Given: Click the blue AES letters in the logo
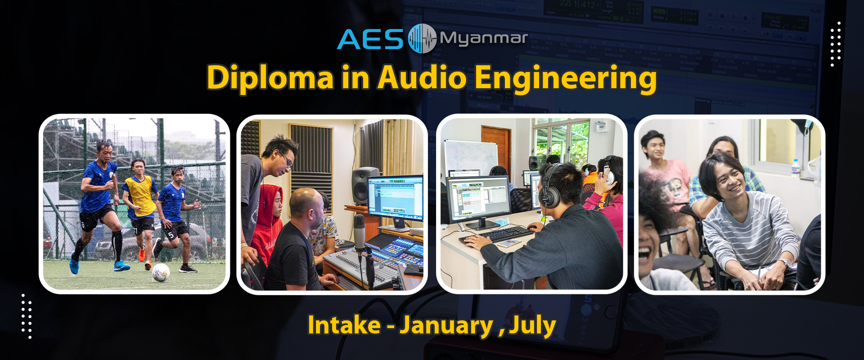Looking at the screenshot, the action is [x=370, y=39].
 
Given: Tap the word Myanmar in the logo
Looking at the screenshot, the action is [x=483, y=39].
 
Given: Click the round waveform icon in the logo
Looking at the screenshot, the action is [x=422, y=38].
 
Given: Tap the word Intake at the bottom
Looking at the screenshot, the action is [x=344, y=325].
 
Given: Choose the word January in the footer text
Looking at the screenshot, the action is [x=446, y=326].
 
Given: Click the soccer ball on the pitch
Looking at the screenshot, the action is [x=161, y=272].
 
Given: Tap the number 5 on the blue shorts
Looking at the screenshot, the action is [x=171, y=235].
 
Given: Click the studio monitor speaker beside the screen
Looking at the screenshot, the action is [x=365, y=185].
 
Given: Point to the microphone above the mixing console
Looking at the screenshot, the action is [x=359, y=232].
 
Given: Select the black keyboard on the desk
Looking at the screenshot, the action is [x=498, y=234].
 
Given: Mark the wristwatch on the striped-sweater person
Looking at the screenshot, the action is [x=784, y=263].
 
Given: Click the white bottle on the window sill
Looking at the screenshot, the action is [x=796, y=167].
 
